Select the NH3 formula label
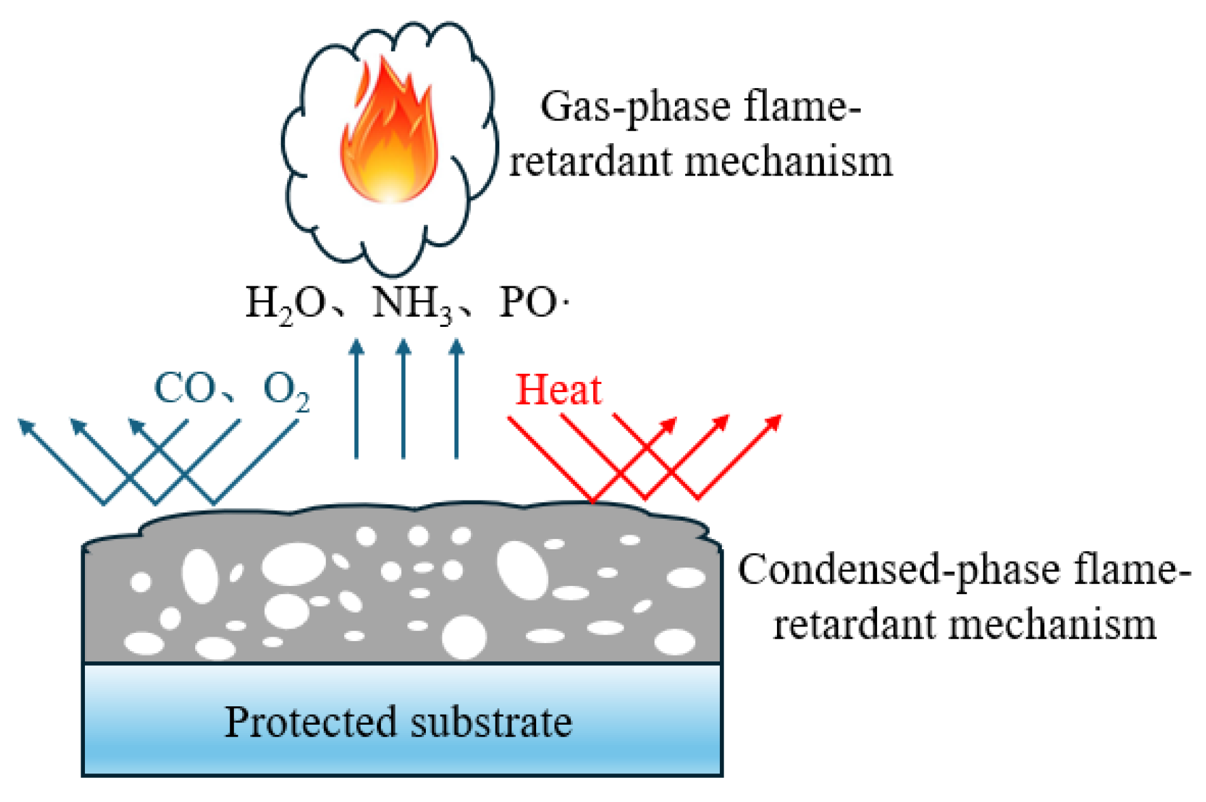[412, 303]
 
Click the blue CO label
[185, 388]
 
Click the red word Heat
[558, 389]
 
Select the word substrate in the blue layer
[491, 722]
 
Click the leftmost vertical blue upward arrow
[357, 399]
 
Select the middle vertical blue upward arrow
[404, 399]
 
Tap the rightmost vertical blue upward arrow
[456, 399]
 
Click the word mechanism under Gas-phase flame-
[788, 162]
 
